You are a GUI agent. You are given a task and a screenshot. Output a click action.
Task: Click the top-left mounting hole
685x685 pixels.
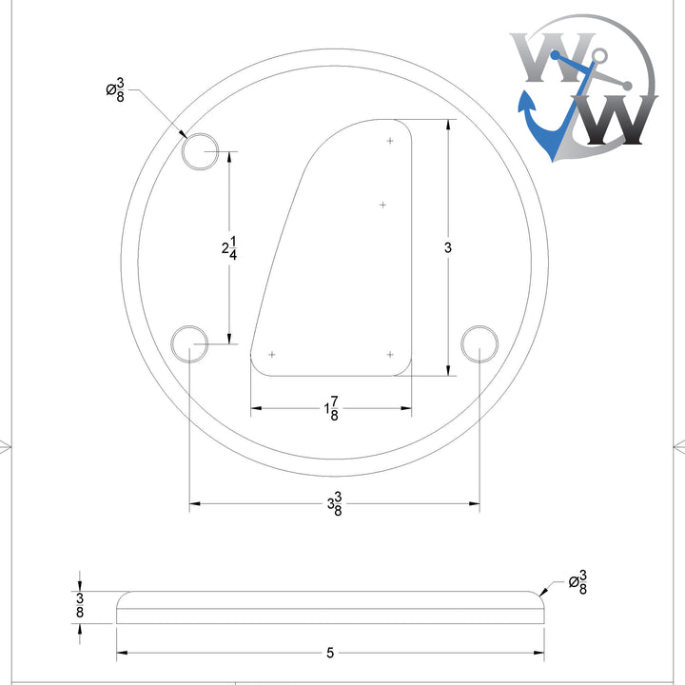click(x=201, y=151)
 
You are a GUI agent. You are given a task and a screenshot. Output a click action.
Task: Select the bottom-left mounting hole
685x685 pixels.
click(x=188, y=342)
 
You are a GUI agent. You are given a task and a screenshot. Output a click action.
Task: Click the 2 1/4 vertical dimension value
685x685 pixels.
click(x=228, y=247)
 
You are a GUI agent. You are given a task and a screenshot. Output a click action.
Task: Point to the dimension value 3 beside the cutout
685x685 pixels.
click(x=447, y=247)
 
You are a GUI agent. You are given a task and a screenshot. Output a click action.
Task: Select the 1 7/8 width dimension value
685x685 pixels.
click(x=332, y=409)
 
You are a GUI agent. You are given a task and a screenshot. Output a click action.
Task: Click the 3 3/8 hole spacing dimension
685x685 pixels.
click(x=334, y=506)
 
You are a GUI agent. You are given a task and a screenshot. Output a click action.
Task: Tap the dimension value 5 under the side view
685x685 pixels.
click(x=330, y=653)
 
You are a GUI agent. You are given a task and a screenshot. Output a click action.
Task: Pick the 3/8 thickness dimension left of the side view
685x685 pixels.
click(x=80, y=606)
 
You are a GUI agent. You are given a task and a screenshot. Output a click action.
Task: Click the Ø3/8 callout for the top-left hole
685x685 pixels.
click(x=114, y=90)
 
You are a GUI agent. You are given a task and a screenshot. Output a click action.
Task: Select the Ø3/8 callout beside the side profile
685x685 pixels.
click(x=577, y=581)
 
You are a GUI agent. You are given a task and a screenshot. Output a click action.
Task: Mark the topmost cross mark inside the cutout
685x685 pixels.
click(x=390, y=141)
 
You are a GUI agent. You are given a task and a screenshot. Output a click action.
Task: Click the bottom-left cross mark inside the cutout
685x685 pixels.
click(x=272, y=354)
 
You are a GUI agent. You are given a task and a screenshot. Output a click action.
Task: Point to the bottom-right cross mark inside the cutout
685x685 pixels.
click(x=390, y=354)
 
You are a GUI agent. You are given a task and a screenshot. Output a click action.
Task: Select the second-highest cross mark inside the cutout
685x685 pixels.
click(x=382, y=205)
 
